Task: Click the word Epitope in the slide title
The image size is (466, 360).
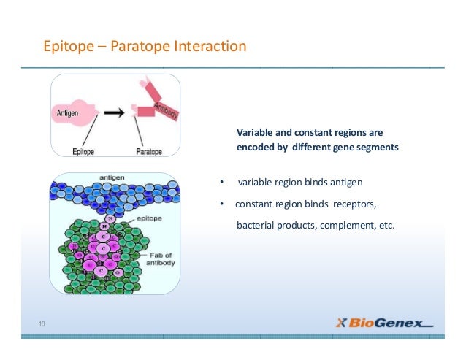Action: [64, 47]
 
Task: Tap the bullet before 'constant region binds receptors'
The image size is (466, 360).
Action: [221, 204]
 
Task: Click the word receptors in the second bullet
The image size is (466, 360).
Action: [356, 204]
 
